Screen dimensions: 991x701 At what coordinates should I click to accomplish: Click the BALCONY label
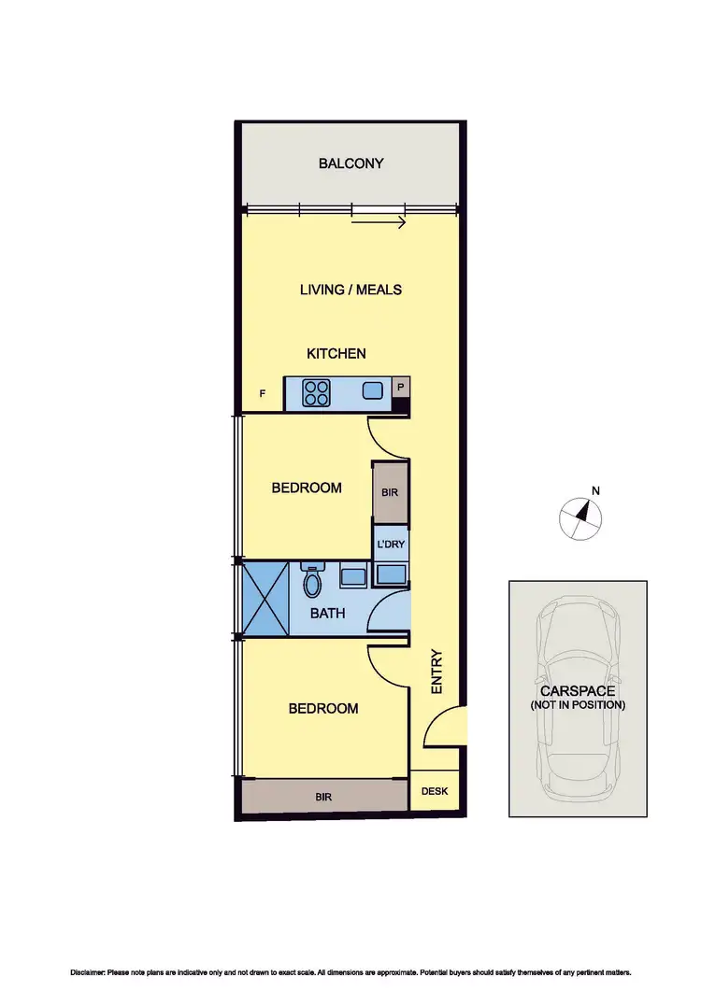pos(350,163)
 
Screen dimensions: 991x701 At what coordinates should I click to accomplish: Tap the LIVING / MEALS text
pos(350,290)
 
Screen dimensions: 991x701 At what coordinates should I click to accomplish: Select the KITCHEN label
pos(336,354)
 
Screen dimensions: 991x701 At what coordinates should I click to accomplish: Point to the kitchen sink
pos(373,391)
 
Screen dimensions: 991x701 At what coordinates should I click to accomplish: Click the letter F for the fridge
pos(263,394)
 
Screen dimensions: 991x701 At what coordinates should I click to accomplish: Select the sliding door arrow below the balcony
pos(379,223)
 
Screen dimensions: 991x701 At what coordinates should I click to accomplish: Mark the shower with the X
pos(265,598)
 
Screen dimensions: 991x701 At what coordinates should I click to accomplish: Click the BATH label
pos(328,614)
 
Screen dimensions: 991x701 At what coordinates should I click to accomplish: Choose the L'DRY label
pos(391,544)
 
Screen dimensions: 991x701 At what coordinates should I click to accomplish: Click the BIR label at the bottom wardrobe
pos(323,797)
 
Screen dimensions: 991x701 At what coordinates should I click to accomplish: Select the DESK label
pos(435,792)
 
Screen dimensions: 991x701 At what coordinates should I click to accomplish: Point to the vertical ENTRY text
pos(436,671)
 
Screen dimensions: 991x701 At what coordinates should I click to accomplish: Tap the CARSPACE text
pos(578,691)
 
